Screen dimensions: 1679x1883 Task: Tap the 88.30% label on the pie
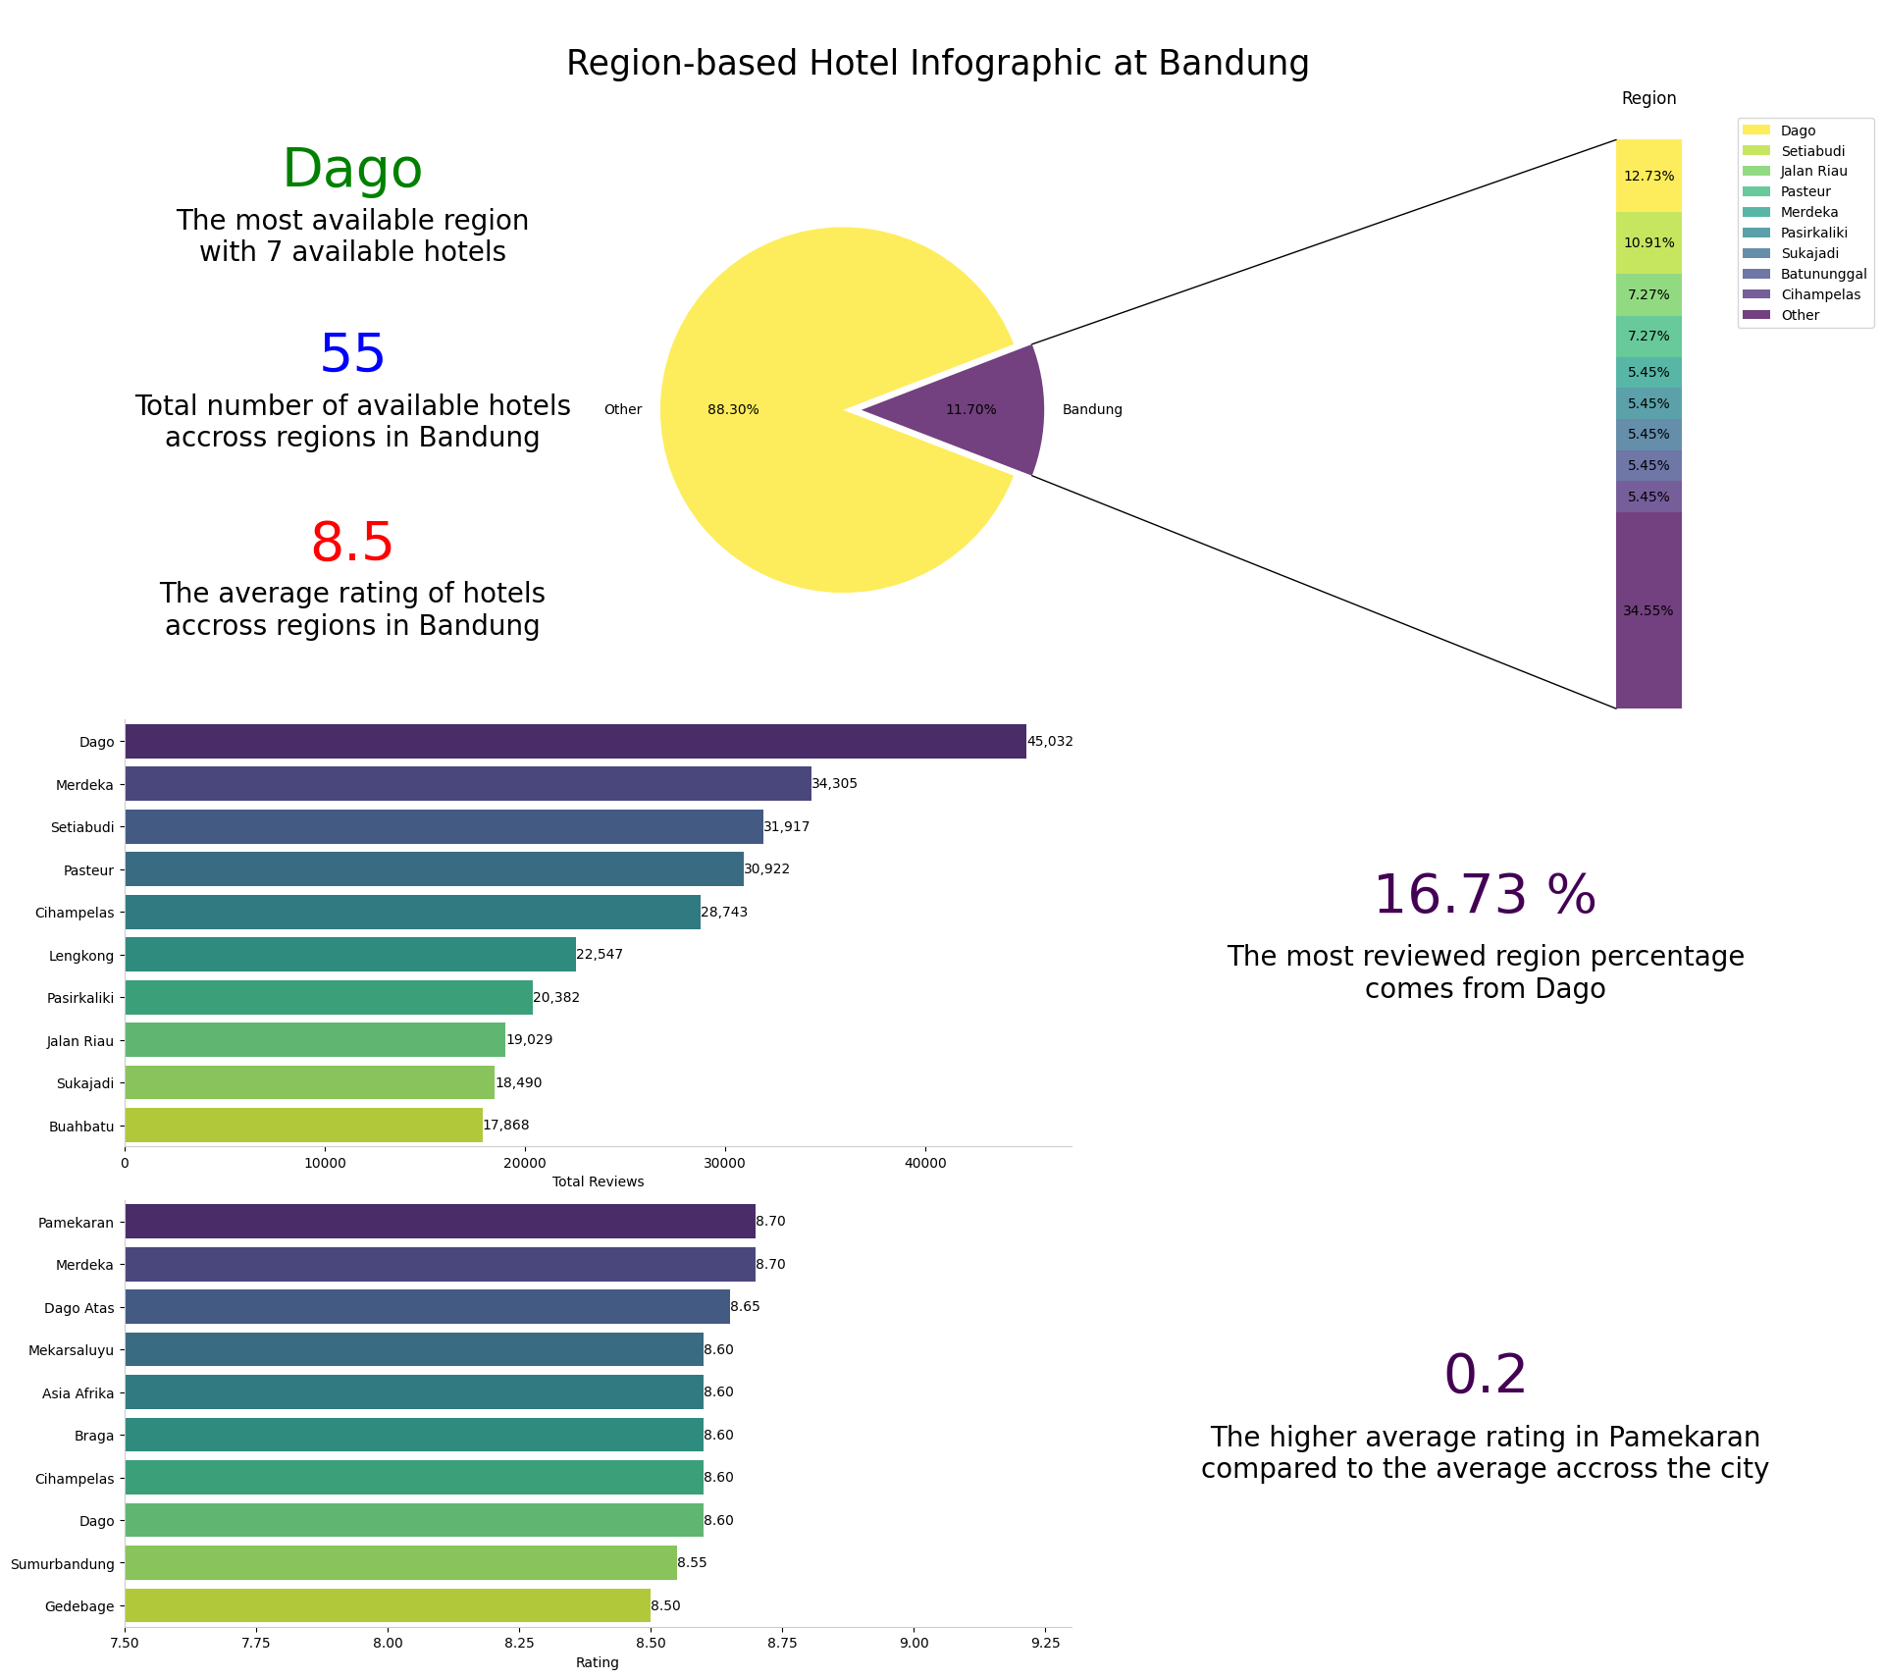(x=733, y=410)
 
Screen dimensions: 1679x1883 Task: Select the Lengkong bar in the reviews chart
(x=349, y=955)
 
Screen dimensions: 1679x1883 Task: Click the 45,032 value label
(x=1050, y=742)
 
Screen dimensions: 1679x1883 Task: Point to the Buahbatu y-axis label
(x=81, y=1127)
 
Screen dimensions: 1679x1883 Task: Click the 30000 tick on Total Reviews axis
(x=725, y=1164)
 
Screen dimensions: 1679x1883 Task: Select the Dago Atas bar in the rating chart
(x=427, y=1307)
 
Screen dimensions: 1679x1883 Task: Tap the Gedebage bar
(x=387, y=1605)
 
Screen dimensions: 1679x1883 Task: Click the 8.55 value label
(x=692, y=1563)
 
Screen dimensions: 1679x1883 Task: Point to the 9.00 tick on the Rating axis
(x=914, y=1644)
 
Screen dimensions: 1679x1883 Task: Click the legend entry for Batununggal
(x=1823, y=275)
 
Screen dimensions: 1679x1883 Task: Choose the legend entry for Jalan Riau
(x=1813, y=172)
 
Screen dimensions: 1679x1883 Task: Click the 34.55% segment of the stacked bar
(x=1648, y=610)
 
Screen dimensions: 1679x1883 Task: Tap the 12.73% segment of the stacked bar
(x=1648, y=177)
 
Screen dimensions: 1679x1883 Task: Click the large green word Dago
(x=352, y=170)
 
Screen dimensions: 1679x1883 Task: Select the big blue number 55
(x=352, y=355)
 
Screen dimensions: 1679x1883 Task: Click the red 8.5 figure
(x=352, y=544)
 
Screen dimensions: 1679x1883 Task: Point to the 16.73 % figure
(x=1484, y=896)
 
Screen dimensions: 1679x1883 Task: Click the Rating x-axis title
(x=597, y=1663)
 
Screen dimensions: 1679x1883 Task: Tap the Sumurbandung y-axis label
(x=62, y=1564)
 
